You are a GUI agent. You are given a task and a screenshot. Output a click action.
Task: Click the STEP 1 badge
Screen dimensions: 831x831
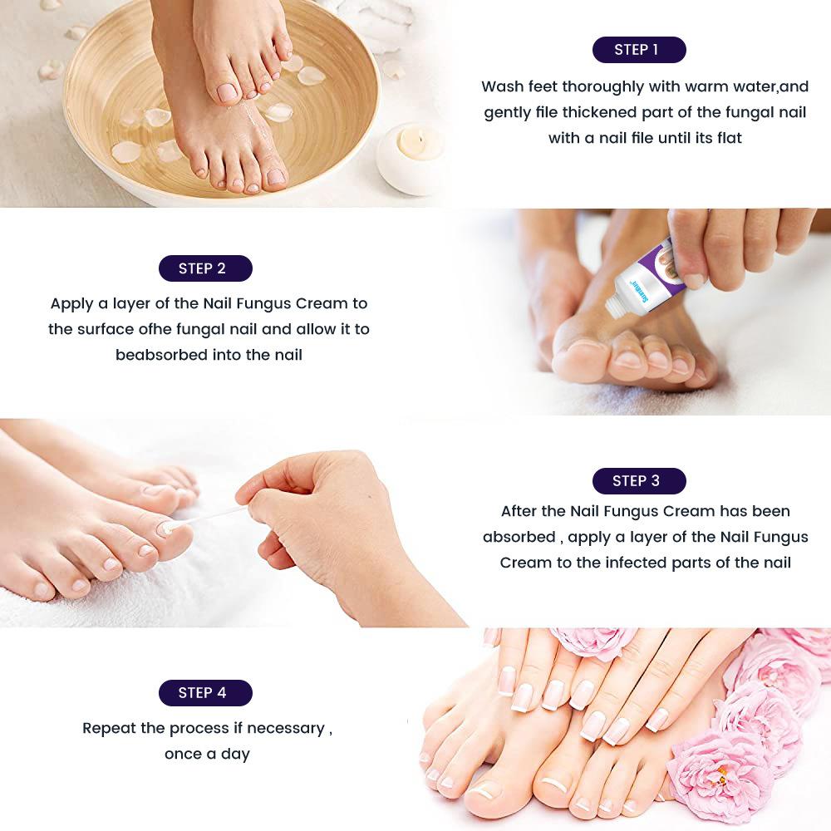point(639,50)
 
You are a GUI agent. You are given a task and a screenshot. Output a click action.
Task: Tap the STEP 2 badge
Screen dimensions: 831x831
point(205,268)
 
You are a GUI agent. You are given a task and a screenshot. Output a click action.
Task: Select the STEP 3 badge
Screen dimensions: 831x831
point(639,481)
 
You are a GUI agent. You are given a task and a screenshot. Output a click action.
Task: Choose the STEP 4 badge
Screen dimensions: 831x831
point(205,693)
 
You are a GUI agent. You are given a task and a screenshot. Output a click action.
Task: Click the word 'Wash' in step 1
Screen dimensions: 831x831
point(503,86)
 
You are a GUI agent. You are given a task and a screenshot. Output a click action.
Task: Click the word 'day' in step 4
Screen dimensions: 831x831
point(235,755)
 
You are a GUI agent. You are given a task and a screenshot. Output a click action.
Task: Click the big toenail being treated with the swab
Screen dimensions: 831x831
point(169,526)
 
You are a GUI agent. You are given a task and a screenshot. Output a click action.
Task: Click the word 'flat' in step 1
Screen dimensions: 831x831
point(730,138)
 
